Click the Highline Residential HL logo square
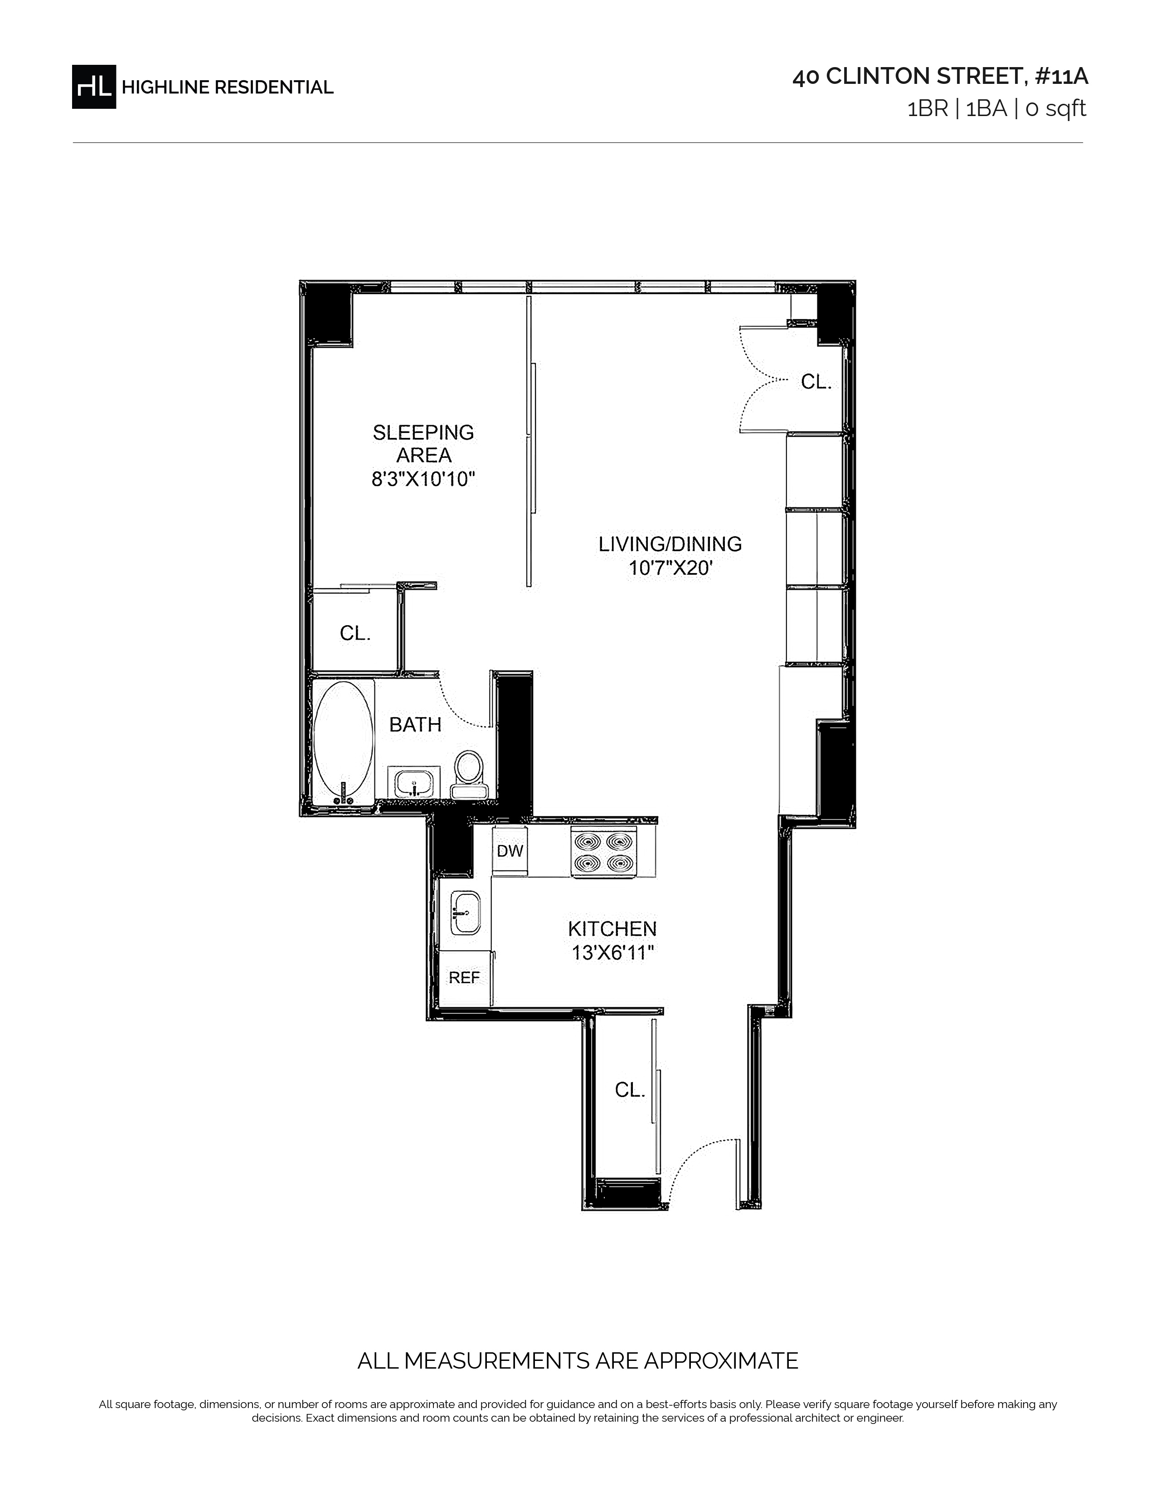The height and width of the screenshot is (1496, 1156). [x=94, y=86]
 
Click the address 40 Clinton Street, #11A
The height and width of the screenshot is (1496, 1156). [x=940, y=77]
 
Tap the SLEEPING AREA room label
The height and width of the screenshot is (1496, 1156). [x=423, y=444]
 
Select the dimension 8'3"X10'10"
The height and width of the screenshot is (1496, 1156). [x=423, y=479]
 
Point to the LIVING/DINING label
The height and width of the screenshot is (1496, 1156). [x=670, y=544]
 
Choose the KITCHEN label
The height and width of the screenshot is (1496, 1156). [x=612, y=929]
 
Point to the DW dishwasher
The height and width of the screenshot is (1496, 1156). [x=510, y=851]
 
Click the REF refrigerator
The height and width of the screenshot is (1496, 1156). [x=464, y=978]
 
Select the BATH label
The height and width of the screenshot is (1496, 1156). [x=415, y=725]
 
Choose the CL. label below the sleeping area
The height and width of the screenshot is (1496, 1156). [x=355, y=634]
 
